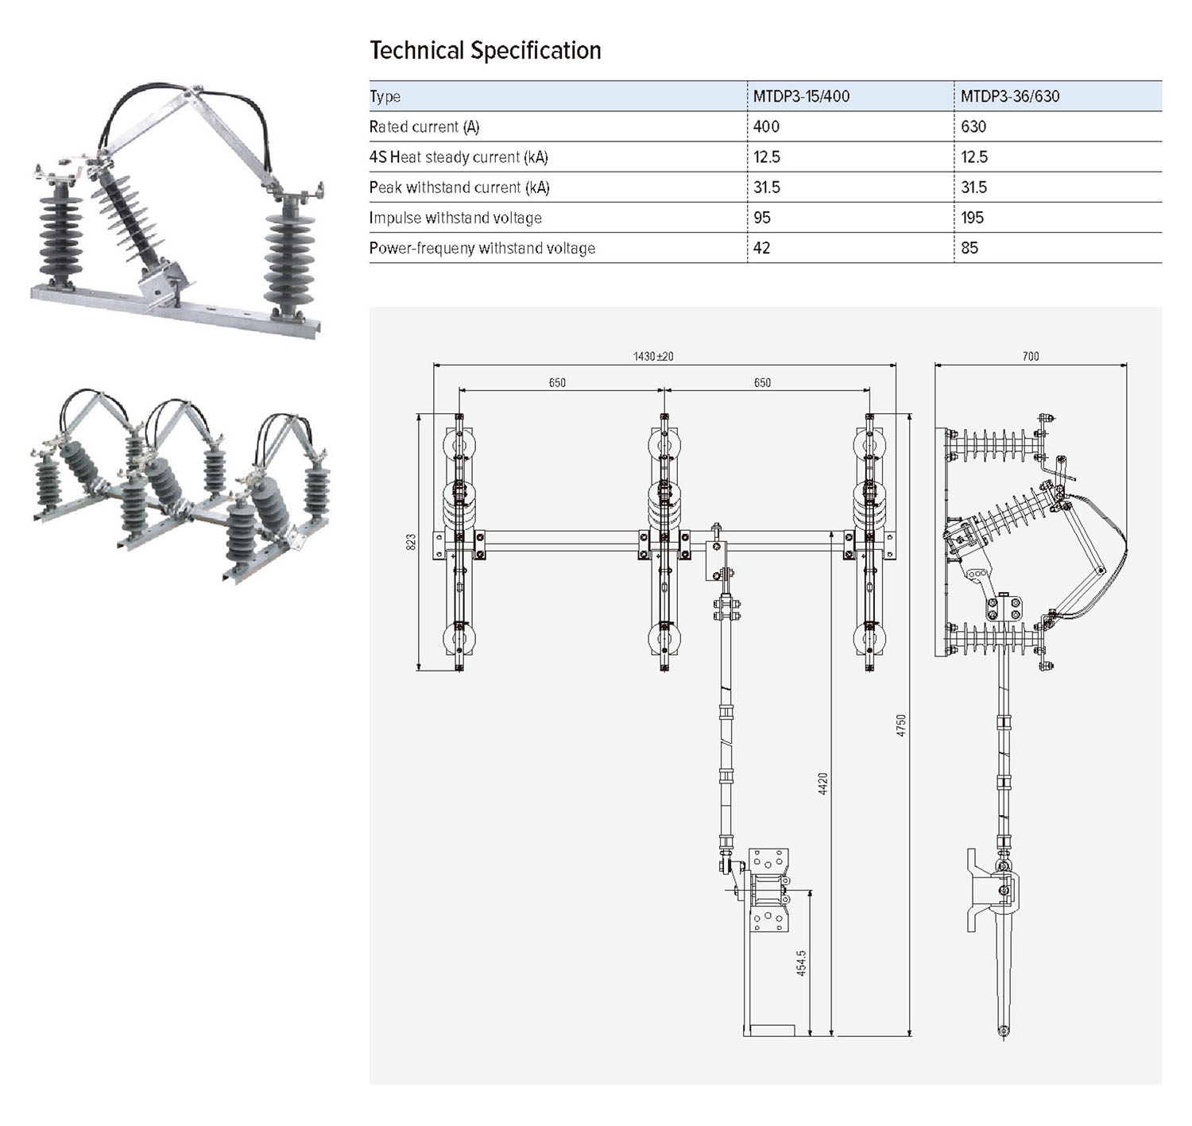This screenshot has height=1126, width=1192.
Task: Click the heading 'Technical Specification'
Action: (x=485, y=51)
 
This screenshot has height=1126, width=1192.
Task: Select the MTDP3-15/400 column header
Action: (x=801, y=96)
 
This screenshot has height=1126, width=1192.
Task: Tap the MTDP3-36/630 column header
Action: (x=1009, y=96)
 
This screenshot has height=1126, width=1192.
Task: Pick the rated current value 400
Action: (x=766, y=126)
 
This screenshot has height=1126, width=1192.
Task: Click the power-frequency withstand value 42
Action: (x=761, y=248)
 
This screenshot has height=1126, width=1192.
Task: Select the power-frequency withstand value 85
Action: (x=969, y=248)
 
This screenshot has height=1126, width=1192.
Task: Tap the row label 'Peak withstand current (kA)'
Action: (x=459, y=188)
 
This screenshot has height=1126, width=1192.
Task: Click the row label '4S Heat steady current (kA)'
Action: (x=459, y=157)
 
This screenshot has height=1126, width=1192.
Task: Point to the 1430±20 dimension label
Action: (x=653, y=357)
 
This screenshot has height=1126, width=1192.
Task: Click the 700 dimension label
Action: (x=1030, y=357)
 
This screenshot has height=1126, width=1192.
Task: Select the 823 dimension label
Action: (x=411, y=542)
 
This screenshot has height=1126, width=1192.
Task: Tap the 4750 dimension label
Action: (x=901, y=725)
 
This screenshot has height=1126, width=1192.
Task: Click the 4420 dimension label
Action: (x=823, y=783)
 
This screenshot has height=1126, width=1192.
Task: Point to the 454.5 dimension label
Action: (x=801, y=962)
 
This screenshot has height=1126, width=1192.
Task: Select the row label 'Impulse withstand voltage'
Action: (x=455, y=218)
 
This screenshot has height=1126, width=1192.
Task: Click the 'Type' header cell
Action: (x=385, y=97)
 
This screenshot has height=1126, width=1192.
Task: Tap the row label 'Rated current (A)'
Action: (x=424, y=127)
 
